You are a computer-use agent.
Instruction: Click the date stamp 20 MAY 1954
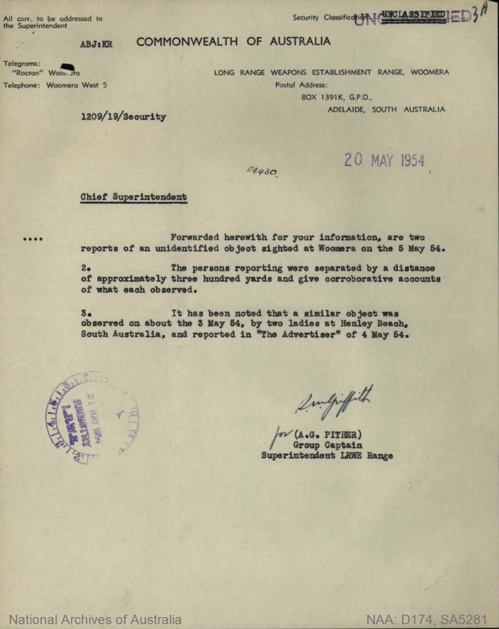click(384, 161)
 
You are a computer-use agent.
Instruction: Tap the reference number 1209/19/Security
click(123, 117)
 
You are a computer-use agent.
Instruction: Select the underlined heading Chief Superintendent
click(134, 197)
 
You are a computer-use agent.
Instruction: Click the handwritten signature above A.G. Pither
click(334, 400)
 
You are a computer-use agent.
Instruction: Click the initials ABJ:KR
click(96, 44)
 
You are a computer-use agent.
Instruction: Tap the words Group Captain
click(327, 445)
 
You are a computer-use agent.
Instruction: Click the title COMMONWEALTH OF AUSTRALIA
click(233, 42)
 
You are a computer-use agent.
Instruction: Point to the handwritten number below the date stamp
click(262, 171)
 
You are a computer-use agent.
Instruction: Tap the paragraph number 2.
click(85, 268)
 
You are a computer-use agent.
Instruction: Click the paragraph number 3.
click(85, 313)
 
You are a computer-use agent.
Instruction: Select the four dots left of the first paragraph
click(33, 239)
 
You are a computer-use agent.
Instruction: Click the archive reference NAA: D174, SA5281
click(426, 620)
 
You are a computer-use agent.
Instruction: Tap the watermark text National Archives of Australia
click(95, 620)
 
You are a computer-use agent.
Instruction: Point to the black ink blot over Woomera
click(67, 68)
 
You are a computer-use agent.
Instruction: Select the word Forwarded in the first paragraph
click(195, 237)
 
